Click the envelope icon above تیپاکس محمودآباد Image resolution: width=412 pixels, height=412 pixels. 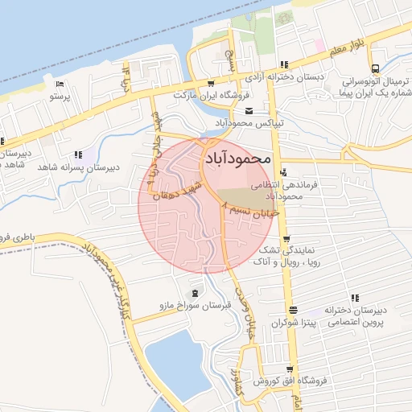coord(248,111)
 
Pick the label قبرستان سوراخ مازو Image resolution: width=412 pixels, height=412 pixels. coord(192,306)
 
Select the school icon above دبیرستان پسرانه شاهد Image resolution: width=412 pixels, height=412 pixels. coord(78,154)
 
